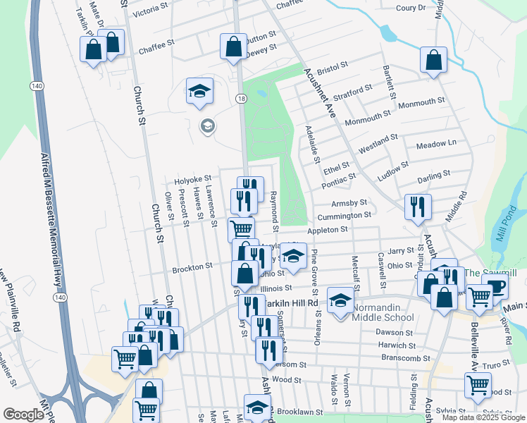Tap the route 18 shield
click(242, 100)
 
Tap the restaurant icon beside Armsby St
click(417, 206)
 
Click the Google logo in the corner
click(23, 415)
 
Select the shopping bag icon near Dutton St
click(233, 47)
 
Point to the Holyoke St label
click(193, 179)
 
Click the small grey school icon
click(207, 127)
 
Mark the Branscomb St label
click(406, 358)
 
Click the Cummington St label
click(343, 216)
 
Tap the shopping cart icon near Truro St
click(478, 386)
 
